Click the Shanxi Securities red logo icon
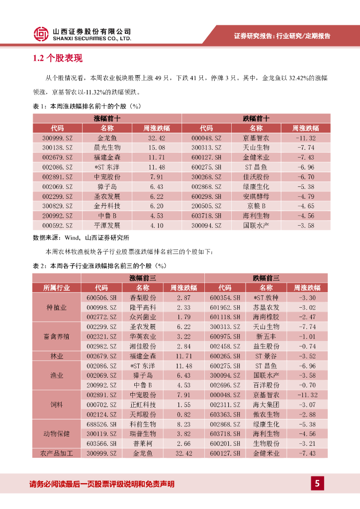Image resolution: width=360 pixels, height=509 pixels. coord(41,33)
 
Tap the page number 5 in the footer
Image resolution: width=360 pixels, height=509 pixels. coord(317,483)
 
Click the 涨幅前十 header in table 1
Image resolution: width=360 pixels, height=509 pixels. coord(107,118)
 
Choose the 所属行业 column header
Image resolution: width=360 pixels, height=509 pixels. coord(57,287)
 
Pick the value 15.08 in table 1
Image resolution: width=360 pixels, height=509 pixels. coord(157,148)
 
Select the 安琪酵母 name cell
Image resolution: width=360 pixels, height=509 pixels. coord(256,196)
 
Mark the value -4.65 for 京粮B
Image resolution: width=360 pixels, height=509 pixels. coord(305,206)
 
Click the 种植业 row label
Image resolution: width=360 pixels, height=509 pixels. coord(57,307)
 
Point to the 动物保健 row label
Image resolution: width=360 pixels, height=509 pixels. coord(57,433)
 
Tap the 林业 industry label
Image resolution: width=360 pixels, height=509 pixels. coord(57,356)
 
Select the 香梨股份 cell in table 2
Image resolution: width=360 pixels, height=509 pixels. coord(143,297)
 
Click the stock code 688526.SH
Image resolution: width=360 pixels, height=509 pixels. coord(101,424)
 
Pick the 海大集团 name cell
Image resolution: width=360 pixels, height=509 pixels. coord(266,405)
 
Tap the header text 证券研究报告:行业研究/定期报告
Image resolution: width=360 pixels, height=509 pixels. coord(282,36)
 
